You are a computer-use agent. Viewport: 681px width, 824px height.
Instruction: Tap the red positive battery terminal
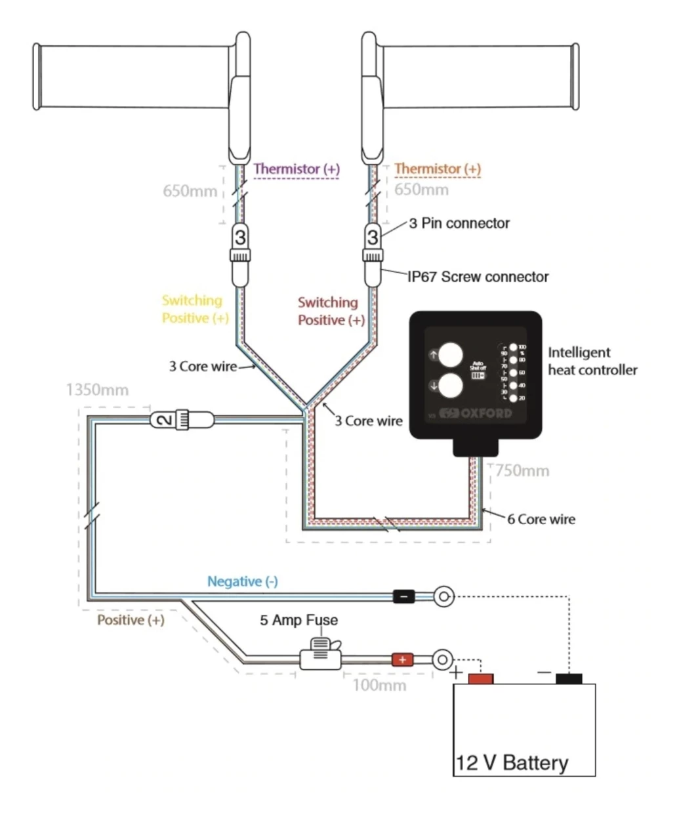pos(480,679)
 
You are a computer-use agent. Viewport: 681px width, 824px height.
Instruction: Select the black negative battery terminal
pos(569,679)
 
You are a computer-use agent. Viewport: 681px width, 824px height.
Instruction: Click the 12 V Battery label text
pos(512,763)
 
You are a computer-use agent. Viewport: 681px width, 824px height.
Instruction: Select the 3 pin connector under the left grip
pos(241,237)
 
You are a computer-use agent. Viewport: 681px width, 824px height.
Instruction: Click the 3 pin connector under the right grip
pos(373,237)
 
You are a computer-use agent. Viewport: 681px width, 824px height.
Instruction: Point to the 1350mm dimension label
pos(97,390)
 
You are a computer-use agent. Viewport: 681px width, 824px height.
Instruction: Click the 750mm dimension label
pos(522,470)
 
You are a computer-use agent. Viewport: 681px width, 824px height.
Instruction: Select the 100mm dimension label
pos(379,686)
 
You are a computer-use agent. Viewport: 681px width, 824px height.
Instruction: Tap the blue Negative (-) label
pos(242,581)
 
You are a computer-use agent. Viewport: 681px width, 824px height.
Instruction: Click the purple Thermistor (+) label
pos(297,169)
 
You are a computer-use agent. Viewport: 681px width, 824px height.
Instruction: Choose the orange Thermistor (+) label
pos(438,169)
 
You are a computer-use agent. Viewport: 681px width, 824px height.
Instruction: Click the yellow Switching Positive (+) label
pos(195,309)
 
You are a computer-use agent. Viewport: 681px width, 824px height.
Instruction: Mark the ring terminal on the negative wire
pos(444,596)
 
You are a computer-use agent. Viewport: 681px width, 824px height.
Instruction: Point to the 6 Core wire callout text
pos(541,519)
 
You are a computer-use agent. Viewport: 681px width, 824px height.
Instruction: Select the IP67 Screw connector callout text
pos(478,277)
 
